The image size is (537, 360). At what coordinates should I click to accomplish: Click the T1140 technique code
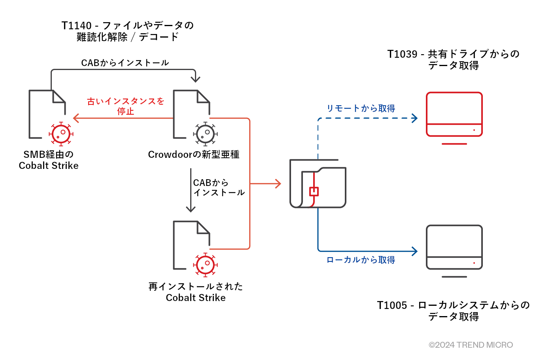point(76,26)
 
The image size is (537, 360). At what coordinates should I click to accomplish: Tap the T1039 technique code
point(402,54)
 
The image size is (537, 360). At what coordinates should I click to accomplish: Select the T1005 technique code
point(391,305)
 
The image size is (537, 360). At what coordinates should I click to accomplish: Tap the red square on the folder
point(314,191)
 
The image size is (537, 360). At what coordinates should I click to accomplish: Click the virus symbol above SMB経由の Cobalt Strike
point(61,134)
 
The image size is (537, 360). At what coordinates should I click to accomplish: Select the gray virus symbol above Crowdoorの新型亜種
point(206,134)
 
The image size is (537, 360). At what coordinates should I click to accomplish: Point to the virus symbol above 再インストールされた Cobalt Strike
point(206,265)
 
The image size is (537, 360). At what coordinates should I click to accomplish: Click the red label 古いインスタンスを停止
point(125,106)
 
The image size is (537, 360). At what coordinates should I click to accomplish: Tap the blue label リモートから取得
point(361,108)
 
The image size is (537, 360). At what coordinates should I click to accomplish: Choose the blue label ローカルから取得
point(361,260)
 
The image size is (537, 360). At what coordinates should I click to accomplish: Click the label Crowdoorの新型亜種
point(193,155)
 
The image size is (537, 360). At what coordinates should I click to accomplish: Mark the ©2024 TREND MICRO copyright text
point(471,345)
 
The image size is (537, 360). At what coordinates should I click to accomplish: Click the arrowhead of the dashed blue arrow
point(415,118)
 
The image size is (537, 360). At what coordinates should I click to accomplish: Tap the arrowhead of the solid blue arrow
point(415,251)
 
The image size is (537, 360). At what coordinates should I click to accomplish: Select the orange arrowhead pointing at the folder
point(278,184)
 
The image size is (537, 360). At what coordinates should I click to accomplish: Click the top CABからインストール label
point(125,63)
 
